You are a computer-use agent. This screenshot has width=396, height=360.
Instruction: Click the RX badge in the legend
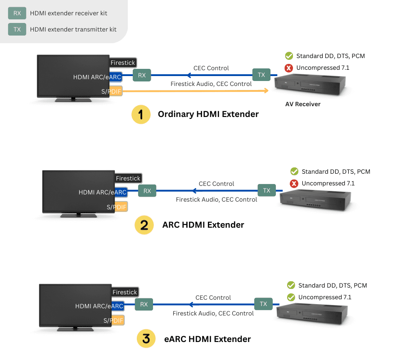pos(17,13)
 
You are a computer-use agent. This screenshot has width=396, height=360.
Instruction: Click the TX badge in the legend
pos(17,29)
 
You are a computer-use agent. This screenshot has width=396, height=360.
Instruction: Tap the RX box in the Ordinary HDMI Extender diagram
pos(142,75)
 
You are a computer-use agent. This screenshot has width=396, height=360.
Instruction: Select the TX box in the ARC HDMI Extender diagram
pos(266,190)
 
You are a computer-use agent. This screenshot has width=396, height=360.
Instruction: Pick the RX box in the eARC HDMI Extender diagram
pos(144,305)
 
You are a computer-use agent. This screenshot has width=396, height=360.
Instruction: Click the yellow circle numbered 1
pos(141,114)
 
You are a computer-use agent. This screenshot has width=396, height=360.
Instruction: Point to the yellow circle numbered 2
pos(144,225)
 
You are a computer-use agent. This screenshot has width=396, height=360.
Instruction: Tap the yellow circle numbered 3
pos(146,339)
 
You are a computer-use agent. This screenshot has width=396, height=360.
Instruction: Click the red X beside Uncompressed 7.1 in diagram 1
pos(289,68)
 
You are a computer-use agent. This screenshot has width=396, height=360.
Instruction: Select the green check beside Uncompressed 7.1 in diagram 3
pos(291,297)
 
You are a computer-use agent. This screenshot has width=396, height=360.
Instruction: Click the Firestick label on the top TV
pos(123,63)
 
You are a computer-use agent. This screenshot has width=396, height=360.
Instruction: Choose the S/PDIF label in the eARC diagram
pos(113,321)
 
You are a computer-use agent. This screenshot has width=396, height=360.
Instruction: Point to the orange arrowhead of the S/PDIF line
pos(266,91)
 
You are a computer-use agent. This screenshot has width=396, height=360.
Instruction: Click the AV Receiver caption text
pos(303,104)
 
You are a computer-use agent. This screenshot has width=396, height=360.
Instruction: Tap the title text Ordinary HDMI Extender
pos(208,114)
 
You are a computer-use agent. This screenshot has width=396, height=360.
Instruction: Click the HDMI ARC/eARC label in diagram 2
pos(102,192)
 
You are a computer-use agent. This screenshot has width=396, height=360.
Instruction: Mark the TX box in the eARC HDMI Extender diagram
pos(263,304)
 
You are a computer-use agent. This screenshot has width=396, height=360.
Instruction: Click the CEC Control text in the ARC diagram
pos(216,184)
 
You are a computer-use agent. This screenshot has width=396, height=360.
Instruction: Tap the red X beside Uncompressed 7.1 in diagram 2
pos(294,184)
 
